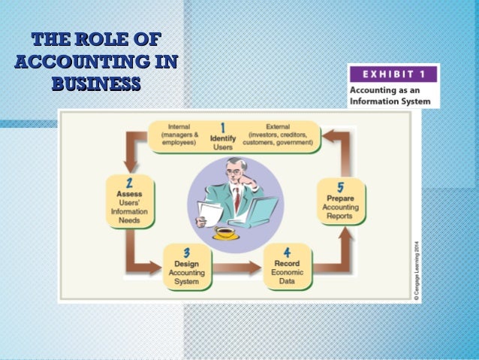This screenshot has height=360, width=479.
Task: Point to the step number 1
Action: coord(222,129)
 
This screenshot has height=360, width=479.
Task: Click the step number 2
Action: coord(128,183)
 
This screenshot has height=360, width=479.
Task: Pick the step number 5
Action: coord(341,186)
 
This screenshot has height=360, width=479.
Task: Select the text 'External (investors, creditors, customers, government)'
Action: coord(278,134)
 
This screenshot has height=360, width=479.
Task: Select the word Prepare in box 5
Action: coord(341,198)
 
